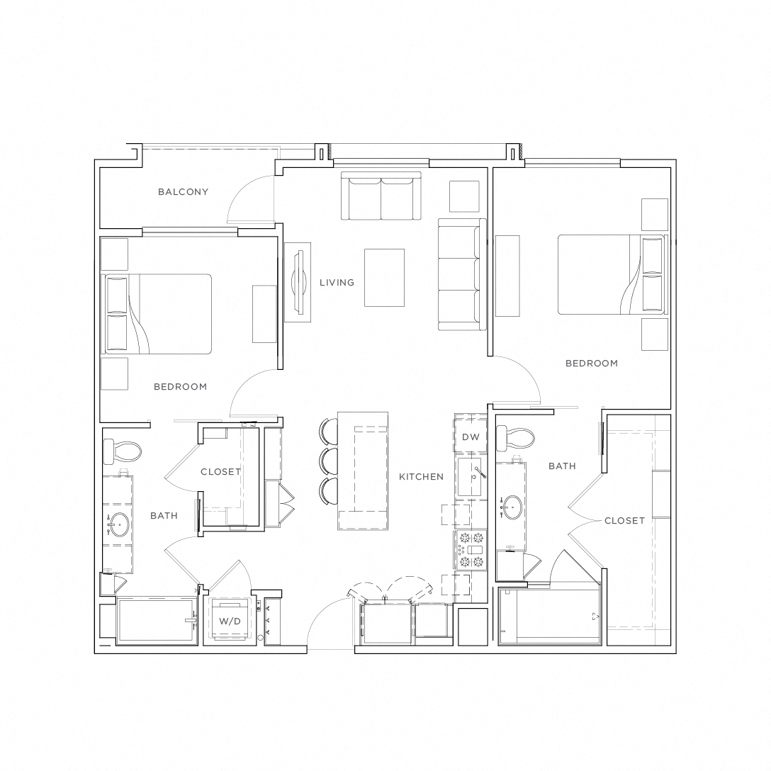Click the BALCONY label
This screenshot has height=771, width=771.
(183, 191)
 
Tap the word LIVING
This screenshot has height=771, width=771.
(337, 282)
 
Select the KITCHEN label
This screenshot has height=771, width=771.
(421, 477)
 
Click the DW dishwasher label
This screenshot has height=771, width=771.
(471, 437)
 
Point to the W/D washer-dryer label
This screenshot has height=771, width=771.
(230, 621)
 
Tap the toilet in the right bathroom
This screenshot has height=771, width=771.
(514, 437)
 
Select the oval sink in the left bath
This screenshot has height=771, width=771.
(118, 526)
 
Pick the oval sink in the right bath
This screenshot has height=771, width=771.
(512, 508)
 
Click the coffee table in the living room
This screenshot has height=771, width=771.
(384, 278)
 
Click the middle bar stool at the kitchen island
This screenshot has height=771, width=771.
(329, 461)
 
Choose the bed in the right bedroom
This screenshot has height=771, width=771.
(612, 274)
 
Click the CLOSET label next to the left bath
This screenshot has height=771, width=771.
(220, 472)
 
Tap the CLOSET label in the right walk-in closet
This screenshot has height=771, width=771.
(624, 520)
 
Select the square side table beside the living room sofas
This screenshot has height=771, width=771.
(464, 195)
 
